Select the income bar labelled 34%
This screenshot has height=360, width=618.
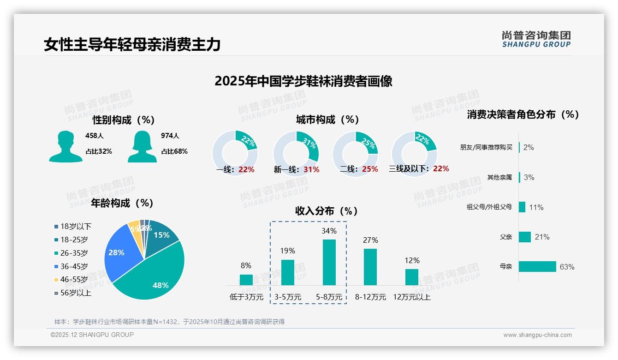(329, 262)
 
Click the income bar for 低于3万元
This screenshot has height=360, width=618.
(246, 280)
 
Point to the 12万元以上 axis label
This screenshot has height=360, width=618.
(411, 297)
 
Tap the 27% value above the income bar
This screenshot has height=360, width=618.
(370, 240)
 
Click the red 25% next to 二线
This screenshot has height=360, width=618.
(370, 169)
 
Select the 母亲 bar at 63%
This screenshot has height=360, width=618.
(537, 267)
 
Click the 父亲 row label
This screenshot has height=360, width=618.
(505, 237)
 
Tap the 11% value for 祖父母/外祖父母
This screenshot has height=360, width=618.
(536, 207)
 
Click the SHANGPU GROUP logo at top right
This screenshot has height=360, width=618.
(536, 39)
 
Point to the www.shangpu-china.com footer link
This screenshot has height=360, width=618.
(537, 335)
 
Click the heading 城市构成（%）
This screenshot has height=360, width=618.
(327, 120)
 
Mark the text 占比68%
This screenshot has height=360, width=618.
(174, 151)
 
